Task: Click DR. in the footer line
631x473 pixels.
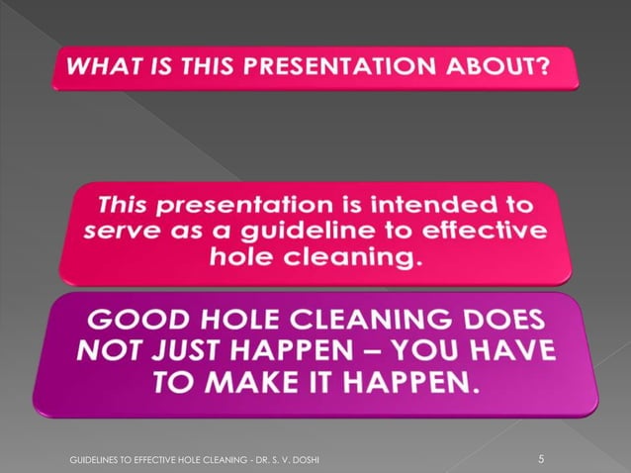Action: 261,460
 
